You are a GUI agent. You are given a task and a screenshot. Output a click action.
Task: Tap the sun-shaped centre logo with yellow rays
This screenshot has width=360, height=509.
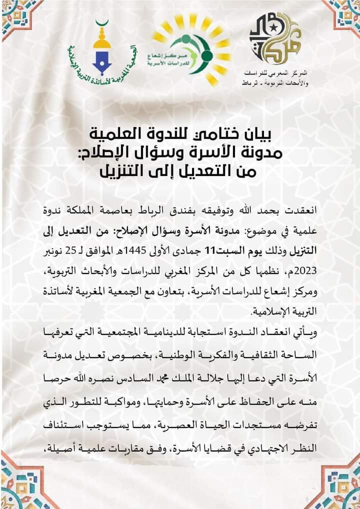[x=192, y=50]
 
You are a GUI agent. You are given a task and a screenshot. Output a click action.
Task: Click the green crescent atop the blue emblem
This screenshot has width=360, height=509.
[x=103, y=23]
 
